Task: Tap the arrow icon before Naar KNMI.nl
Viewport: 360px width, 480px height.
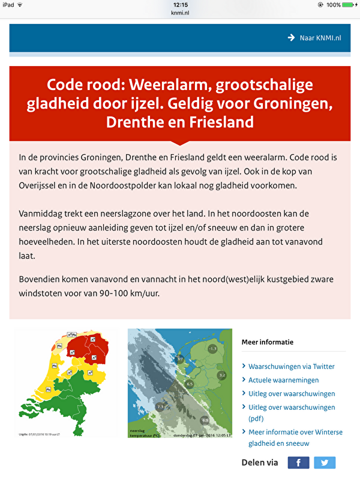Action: [291, 37]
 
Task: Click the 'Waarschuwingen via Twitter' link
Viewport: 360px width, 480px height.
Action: [292, 366]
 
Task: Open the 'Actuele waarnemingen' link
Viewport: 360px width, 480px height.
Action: [283, 380]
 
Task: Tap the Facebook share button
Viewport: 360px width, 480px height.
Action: [299, 462]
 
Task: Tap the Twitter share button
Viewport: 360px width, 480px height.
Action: [325, 462]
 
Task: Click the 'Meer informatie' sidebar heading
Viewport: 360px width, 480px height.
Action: [268, 342]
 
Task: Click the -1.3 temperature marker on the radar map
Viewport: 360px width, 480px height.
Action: [212, 349]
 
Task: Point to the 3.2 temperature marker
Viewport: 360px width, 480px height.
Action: [221, 376]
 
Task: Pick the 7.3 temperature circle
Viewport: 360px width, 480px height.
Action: [160, 407]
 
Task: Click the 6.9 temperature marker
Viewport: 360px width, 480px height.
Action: [205, 420]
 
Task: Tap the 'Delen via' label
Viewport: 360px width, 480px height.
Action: [260, 462]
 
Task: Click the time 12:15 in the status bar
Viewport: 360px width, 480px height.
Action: [179, 4]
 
